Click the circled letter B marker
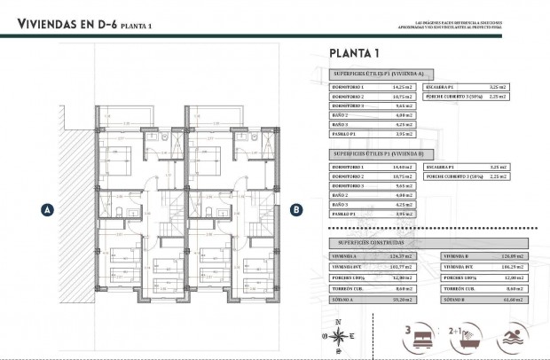coord(297,210)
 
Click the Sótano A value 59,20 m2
coord(402,300)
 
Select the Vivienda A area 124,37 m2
coord(402,254)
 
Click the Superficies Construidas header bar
coord(373,240)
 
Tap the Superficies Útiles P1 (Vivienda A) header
coord(377,74)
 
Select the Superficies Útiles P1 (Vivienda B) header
coord(377,153)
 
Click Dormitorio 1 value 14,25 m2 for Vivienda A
coord(403,88)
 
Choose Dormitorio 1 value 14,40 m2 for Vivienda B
coord(403,167)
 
